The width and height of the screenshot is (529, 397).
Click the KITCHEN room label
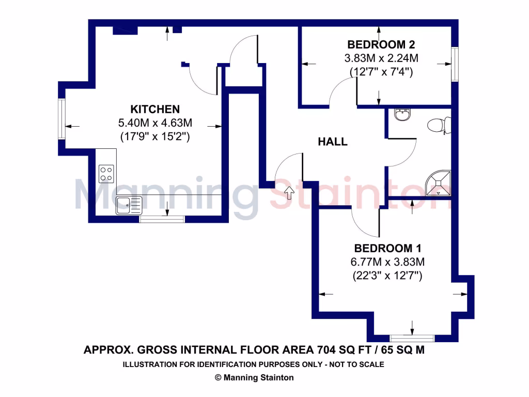click(154, 109)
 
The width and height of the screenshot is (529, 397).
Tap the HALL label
click(332, 142)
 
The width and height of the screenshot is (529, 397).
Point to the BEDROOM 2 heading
click(381, 44)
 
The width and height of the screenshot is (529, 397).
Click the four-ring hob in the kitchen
click(106, 173)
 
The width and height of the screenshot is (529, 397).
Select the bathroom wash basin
click(402, 115)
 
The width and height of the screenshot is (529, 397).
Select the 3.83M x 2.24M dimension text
click(381, 58)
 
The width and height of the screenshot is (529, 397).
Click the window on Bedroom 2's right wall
click(455, 64)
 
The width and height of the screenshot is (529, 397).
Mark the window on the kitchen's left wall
click(61, 119)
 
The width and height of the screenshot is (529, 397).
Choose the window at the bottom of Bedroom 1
click(412, 338)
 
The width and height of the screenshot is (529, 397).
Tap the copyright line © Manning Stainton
click(254, 377)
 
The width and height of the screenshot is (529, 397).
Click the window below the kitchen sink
click(162, 219)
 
